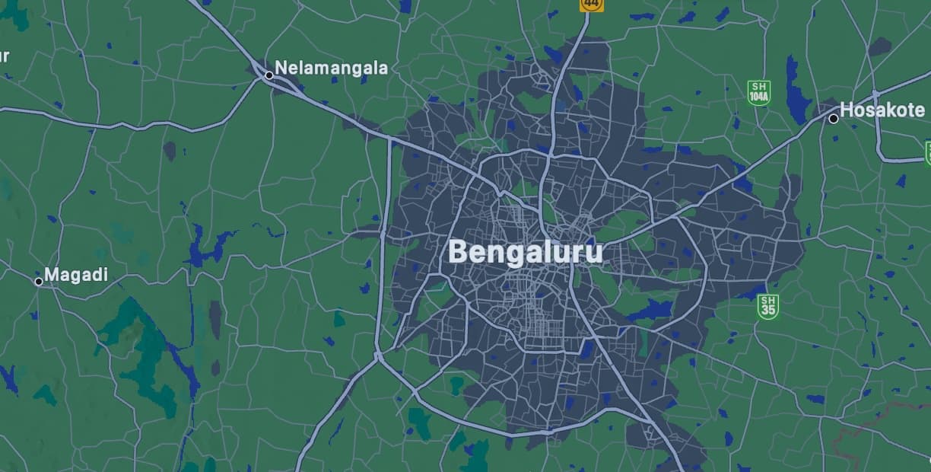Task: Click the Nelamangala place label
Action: click(331, 68)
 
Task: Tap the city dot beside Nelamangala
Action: click(269, 75)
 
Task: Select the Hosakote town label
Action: click(882, 110)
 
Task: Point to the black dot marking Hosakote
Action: click(834, 118)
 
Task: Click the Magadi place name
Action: click(76, 275)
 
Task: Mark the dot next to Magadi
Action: click(39, 282)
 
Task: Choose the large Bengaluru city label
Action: click(526, 252)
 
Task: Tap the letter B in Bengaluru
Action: click(458, 252)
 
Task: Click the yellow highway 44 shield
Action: click(591, 5)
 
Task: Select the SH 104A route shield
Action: click(758, 92)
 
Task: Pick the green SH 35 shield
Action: click(767, 307)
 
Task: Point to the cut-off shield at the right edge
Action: click(928, 152)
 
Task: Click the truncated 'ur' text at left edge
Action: click(4, 56)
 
